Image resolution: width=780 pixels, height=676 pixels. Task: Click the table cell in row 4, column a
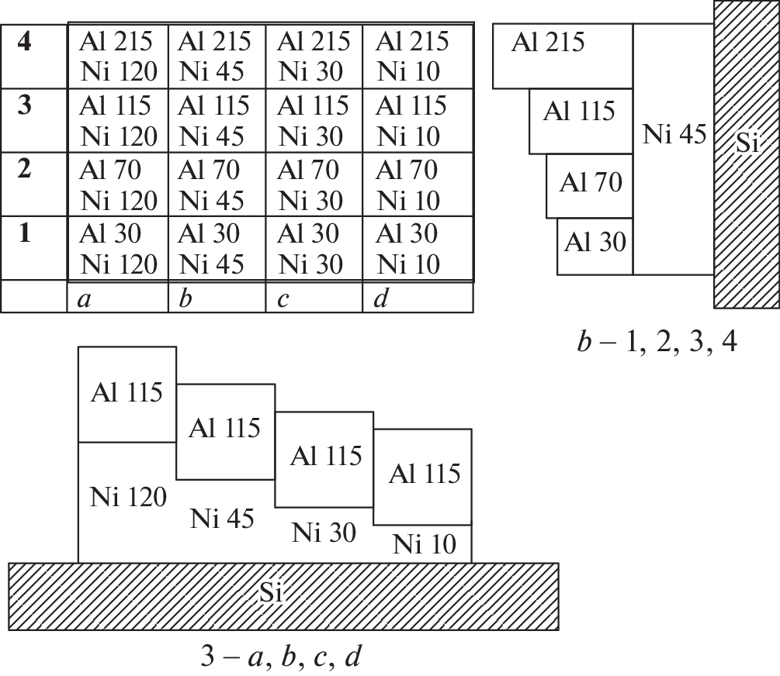[x=118, y=56]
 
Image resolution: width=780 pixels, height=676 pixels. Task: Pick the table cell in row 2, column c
[x=314, y=185]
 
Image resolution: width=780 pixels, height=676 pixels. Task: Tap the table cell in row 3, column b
[x=216, y=120]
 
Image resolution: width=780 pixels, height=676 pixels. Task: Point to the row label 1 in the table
[x=25, y=233]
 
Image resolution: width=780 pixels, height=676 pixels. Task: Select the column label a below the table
[x=84, y=299]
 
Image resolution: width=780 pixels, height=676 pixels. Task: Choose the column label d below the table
[x=380, y=299]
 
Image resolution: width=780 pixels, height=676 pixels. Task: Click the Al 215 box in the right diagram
[x=548, y=43]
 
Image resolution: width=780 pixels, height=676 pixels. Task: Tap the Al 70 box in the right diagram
[x=591, y=185]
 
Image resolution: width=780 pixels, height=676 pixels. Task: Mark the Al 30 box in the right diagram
[x=595, y=243]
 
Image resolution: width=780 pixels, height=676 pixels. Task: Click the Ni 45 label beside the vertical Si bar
[x=674, y=135]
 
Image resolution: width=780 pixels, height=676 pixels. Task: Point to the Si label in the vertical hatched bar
[x=747, y=143]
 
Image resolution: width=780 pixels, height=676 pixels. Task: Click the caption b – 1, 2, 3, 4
[x=657, y=341]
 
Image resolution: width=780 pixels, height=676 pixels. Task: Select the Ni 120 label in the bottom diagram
[x=128, y=497]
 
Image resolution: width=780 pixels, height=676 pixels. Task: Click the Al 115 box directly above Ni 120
[x=127, y=393]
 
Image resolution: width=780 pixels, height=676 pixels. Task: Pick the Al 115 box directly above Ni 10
[x=423, y=474]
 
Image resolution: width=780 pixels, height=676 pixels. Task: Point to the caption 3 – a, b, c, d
[x=279, y=657]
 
